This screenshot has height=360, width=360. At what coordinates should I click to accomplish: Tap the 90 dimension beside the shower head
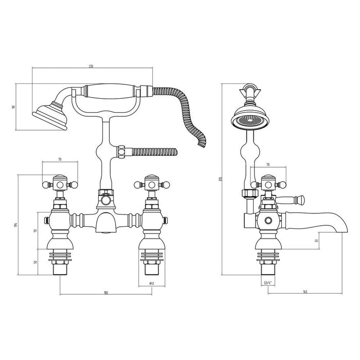[x=14, y=106]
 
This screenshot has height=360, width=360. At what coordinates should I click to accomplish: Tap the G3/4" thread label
[x=267, y=282]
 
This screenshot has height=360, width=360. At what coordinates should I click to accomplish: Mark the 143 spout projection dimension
[x=304, y=292]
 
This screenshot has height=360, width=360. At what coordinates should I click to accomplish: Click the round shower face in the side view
[x=250, y=117]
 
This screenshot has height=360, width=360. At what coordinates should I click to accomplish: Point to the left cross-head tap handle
[x=60, y=183]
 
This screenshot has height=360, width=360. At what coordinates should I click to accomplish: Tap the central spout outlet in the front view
[x=105, y=226]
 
